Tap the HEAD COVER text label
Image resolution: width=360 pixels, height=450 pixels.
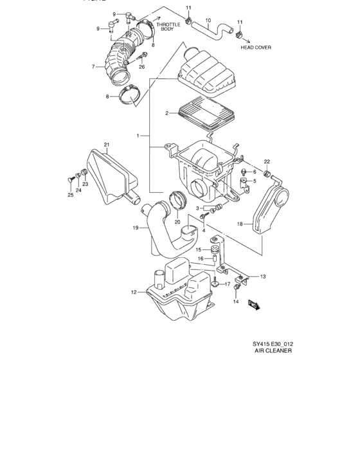[x=255, y=48]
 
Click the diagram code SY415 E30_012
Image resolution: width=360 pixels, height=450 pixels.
[x=273, y=343]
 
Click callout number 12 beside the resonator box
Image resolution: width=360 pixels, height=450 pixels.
[x=134, y=292]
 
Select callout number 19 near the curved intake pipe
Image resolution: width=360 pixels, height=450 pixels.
[x=136, y=228]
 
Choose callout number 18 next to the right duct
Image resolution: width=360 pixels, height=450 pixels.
[x=240, y=224]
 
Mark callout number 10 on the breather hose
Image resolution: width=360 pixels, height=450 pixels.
[x=208, y=20]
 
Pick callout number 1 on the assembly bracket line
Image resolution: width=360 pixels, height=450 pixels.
[x=138, y=136]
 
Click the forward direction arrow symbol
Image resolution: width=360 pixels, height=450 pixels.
[x=253, y=305]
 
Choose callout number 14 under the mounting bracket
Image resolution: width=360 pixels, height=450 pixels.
[x=235, y=301]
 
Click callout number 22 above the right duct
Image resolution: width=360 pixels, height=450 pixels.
[x=266, y=161]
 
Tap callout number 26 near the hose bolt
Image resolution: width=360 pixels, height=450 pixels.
[x=141, y=66]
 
